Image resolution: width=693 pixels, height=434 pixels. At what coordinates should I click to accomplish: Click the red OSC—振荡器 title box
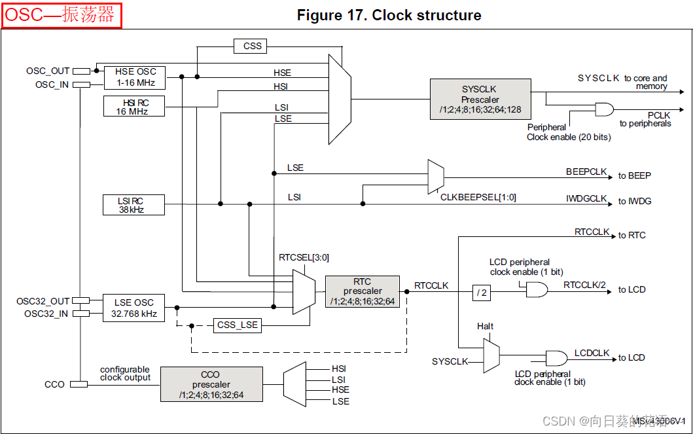[62, 16]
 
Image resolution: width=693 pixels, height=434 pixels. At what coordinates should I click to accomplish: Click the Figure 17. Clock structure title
[389, 15]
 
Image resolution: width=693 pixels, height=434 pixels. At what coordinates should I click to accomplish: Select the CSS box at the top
[252, 46]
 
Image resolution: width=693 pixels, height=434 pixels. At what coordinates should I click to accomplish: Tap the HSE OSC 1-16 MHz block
[135, 77]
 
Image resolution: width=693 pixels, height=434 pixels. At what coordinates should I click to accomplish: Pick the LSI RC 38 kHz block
[133, 204]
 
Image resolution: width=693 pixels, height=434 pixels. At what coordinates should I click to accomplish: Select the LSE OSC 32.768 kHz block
[133, 308]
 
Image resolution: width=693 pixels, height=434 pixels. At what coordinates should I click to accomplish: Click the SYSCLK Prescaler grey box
[480, 99]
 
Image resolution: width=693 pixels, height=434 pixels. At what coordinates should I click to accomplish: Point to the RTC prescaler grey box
[362, 291]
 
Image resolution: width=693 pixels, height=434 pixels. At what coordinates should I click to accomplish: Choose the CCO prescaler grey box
[211, 384]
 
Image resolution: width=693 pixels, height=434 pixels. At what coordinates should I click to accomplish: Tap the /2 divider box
[481, 293]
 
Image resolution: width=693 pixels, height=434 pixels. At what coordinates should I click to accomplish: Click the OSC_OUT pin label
[47, 71]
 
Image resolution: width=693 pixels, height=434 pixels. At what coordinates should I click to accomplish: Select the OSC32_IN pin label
[46, 314]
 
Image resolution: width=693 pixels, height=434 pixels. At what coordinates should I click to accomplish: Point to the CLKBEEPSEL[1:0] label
[478, 197]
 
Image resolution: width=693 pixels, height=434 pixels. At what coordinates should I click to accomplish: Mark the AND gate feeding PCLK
[603, 109]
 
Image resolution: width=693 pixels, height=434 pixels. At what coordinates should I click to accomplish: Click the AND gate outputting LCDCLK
[556, 357]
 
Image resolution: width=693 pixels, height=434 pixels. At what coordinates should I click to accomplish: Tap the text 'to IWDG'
[635, 201]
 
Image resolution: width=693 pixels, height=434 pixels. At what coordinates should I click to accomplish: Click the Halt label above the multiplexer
[485, 326]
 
